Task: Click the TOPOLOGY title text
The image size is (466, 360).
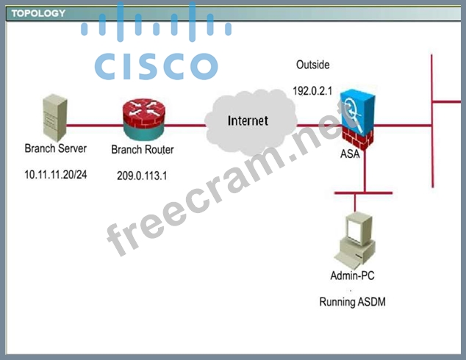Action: (38, 13)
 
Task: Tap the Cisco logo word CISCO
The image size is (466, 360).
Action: (156, 67)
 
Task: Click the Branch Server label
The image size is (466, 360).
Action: (55, 148)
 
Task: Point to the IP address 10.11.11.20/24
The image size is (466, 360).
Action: (57, 176)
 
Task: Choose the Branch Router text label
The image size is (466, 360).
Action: (143, 150)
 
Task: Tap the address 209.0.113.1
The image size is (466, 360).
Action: (143, 176)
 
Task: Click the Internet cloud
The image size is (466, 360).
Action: (248, 122)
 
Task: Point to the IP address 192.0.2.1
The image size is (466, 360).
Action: (313, 92)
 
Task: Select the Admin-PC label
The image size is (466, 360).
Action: (353, 276)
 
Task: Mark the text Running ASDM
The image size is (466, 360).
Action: (353, 302)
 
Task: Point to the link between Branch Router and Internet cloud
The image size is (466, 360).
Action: (187, 125)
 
